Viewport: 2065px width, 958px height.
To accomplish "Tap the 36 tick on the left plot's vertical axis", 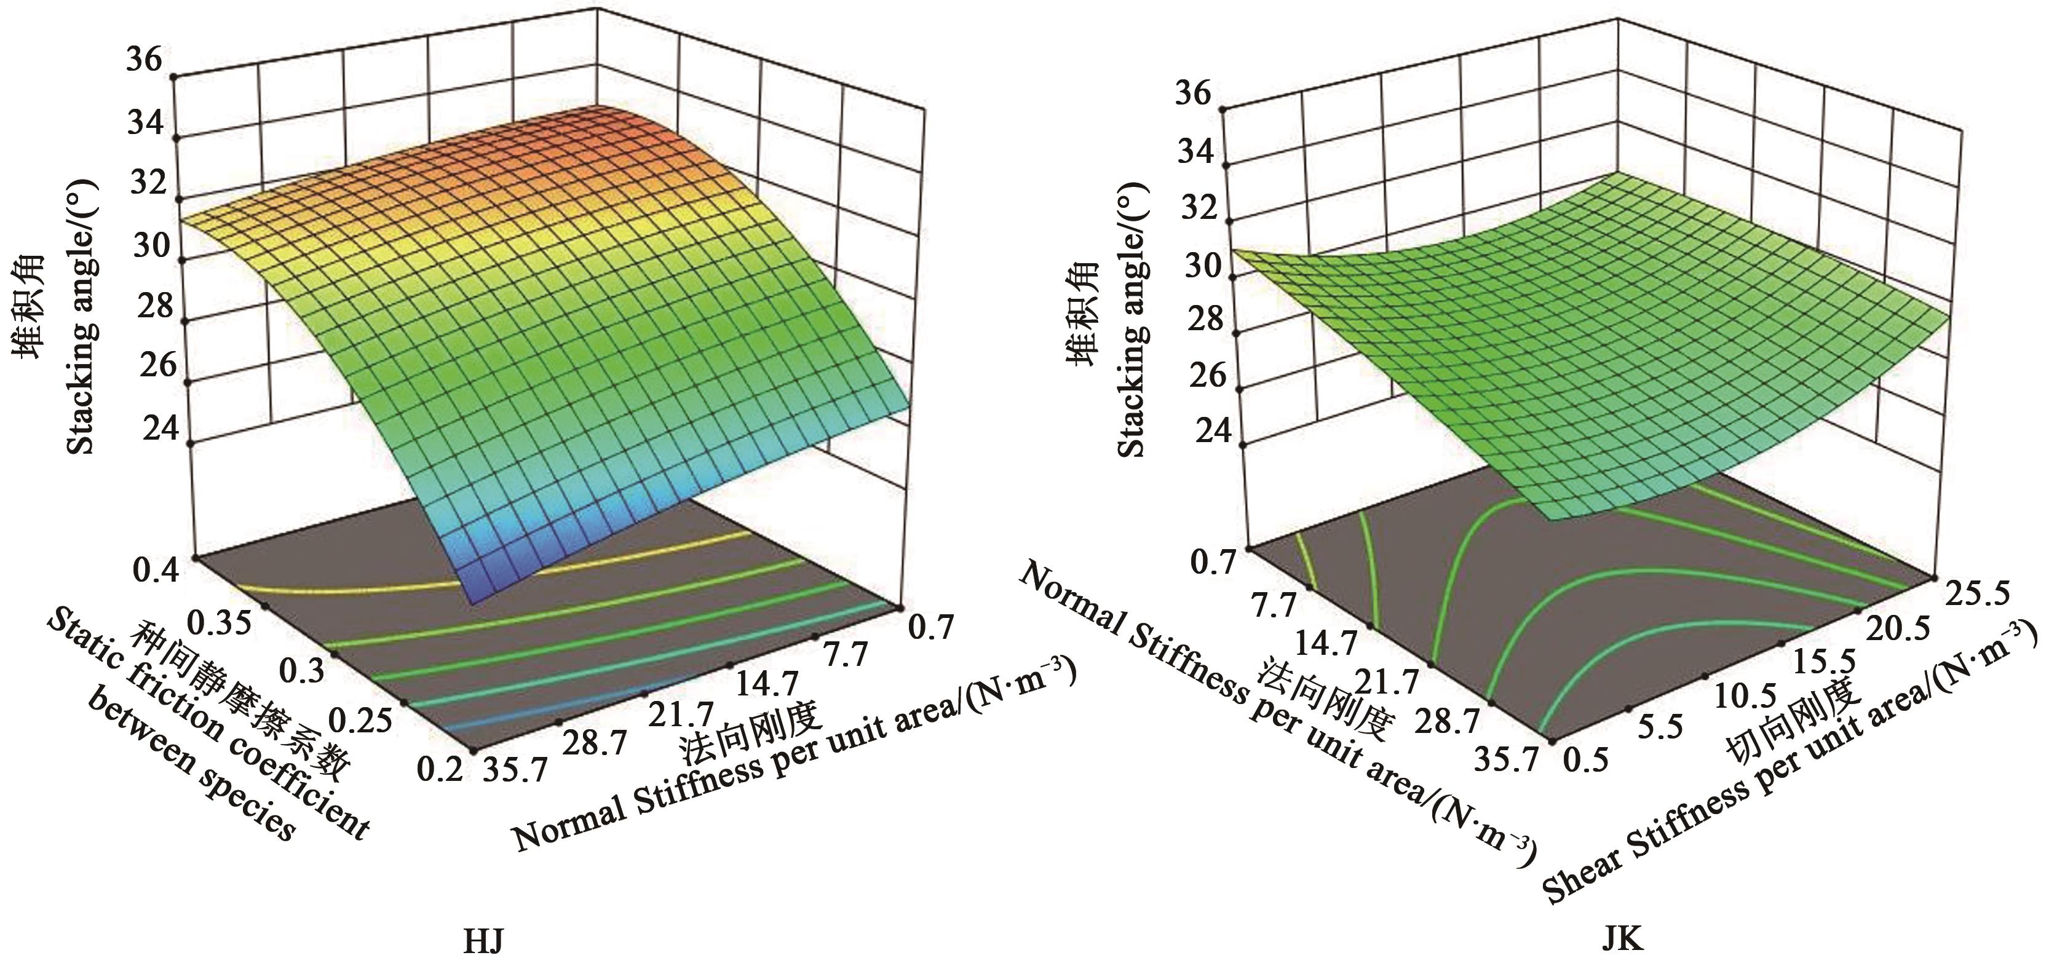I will (x=145, y=60).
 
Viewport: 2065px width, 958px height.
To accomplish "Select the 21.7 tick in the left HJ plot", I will (x=681, y=713).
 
